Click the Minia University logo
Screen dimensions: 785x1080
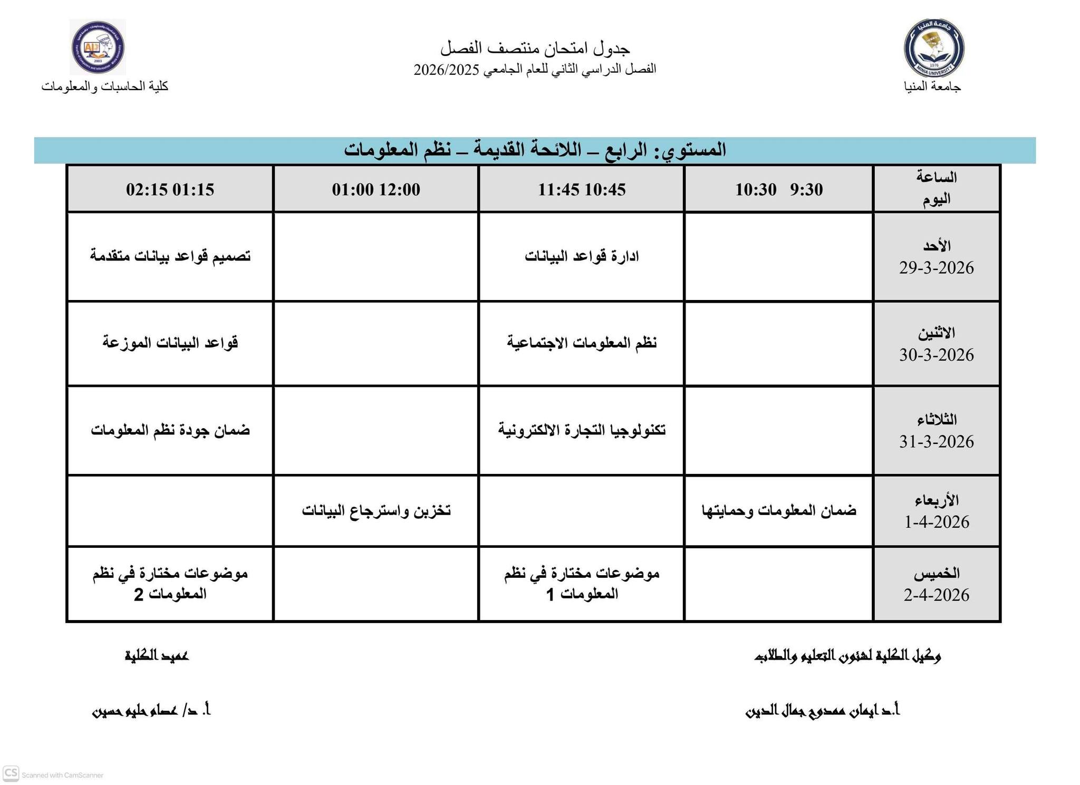(933, 48)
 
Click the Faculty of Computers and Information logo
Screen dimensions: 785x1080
(98, 47)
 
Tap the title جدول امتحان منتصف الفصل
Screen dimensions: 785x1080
(535, 49)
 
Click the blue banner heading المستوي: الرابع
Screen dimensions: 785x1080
(535, 150)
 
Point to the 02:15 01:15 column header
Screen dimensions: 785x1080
(170, 189)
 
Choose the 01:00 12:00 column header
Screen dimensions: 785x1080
(375, 189)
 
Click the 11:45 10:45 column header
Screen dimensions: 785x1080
(581, 189)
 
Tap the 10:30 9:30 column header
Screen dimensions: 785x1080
(778, 189)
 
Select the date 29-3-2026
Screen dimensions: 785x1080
(936, 268)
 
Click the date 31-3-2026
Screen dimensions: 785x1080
(936, 441)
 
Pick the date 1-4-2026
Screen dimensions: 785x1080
(936, 522)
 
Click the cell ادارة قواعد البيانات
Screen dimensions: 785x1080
(581, 256)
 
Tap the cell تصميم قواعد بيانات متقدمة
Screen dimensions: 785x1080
(170, 256)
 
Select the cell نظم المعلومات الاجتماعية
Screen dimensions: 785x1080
(581, 343)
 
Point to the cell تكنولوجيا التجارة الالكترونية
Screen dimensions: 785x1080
(581, 430)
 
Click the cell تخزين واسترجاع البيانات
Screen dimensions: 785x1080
(375, 510)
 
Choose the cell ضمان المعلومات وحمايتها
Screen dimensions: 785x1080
(778, 510)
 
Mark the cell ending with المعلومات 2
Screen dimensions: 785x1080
(170, 584)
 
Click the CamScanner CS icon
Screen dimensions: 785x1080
(11, 773)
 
